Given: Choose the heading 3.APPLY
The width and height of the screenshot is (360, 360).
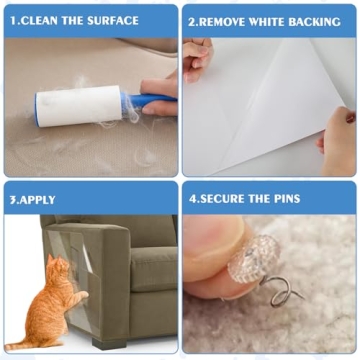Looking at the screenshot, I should (32, 197).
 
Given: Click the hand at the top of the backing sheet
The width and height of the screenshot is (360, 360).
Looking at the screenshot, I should (197, 55).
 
